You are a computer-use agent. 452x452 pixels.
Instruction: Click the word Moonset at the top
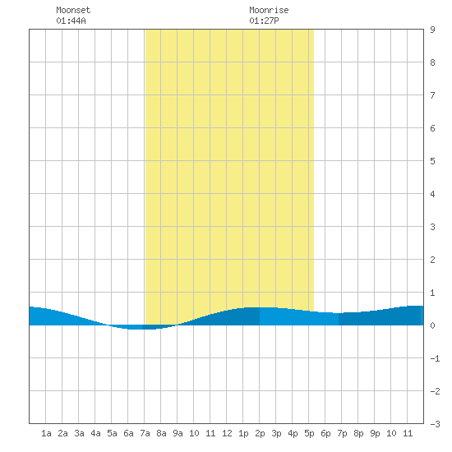pos(73,10)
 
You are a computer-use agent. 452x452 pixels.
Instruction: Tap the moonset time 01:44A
pos(71,21)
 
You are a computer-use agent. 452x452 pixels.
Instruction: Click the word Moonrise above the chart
pos(269,10)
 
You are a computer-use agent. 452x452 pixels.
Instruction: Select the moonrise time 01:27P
pos(264,21)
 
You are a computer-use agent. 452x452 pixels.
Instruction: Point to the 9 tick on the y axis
pos(432,30)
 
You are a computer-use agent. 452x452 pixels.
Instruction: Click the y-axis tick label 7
pos(432,95)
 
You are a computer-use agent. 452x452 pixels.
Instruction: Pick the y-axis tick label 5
pos(432,161)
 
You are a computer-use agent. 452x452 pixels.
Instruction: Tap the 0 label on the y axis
pos(432,325)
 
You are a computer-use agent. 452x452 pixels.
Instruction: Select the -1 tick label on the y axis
pos(435,358)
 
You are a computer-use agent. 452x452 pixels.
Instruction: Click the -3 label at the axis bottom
pos(435,424)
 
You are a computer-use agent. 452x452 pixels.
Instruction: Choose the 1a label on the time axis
pos(46,433)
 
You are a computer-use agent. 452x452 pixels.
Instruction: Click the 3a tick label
pos(79,433)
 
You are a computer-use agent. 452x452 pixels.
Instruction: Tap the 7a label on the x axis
pos(145,433)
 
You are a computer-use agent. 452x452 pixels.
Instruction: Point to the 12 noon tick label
pos(227,433)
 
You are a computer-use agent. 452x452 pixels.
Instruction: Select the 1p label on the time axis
pos(243,433)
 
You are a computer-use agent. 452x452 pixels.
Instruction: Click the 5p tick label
pos(309,433)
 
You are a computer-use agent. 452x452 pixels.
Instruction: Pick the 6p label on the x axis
pos(325,433)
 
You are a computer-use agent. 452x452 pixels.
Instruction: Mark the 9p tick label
pos(375,433)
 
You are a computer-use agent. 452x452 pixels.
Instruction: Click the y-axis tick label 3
pos(432,227)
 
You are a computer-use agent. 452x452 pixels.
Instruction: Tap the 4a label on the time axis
pos(95,433)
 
